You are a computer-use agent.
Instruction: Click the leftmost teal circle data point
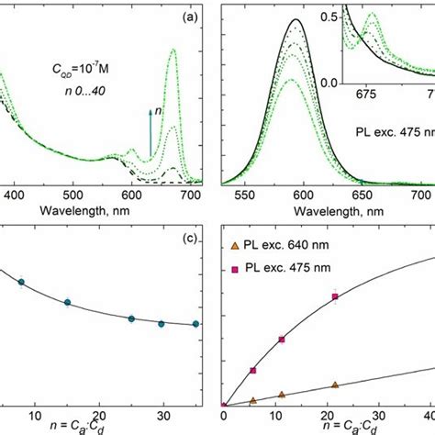(21, 282)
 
